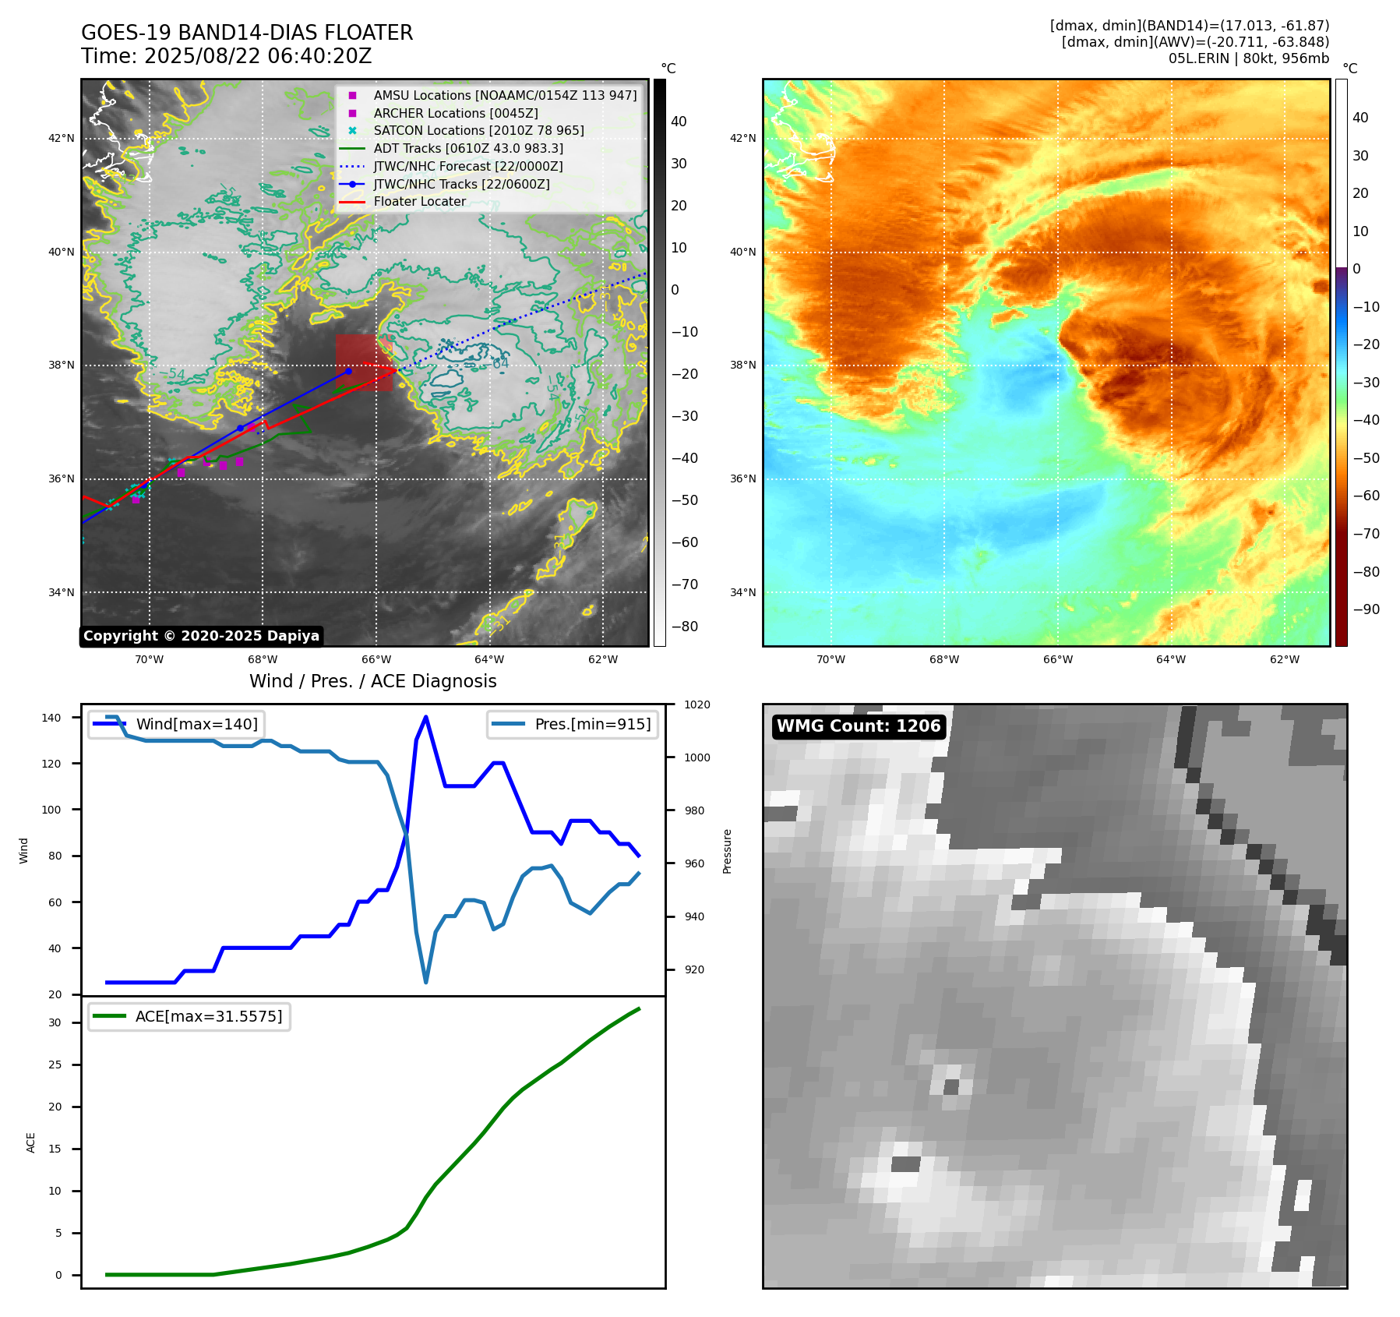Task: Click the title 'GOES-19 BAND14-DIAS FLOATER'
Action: (x=247, y=33)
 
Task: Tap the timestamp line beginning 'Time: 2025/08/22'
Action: (x=226, y=56)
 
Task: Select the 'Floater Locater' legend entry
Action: (x=419, y=201)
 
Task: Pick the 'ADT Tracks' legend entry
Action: (x=467, y=148)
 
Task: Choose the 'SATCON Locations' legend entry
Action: (x=478, y=130)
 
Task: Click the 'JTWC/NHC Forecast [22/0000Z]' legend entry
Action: (x=467, y=166)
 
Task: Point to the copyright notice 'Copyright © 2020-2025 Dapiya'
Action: (x=201, y=636)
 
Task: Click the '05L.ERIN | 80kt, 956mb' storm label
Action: (x=1248, y=58)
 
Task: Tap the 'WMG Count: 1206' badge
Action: (x=859, y=726)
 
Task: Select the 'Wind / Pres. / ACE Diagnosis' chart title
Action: (x=372, y=681)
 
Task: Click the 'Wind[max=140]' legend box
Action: (x=176, y=724)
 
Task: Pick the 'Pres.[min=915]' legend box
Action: (x=573, y=724)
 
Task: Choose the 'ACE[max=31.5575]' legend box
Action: (x=189, y=1016)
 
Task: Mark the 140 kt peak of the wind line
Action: (x=425, y=717)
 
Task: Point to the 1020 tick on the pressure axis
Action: (x=696, y=705)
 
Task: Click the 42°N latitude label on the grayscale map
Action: (x=62, y=139)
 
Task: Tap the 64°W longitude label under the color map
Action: (x=1170, y=659)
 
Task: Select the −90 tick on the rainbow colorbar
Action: (x=1366, y=609)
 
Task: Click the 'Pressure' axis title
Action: (x=727, y=851)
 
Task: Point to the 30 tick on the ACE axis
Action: (x=55, y=1022)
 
